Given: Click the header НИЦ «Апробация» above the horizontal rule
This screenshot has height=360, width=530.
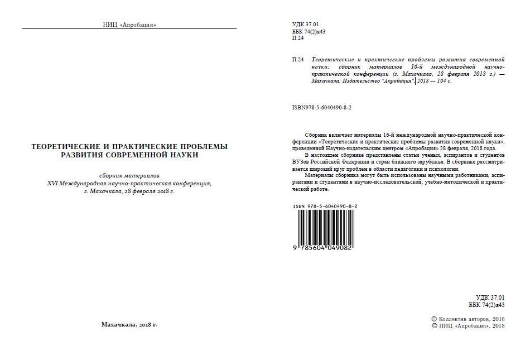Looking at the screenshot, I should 129,25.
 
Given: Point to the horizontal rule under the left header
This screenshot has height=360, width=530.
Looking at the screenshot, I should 129,28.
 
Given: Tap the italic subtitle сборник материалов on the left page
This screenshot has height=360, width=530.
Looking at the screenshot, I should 129,175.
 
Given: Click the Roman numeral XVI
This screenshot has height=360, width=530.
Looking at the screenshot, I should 55,183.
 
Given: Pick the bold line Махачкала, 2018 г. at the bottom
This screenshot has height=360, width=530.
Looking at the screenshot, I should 129,324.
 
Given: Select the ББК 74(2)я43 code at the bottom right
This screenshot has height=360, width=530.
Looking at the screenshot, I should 486,305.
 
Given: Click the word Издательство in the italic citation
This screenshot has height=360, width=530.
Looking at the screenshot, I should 359,80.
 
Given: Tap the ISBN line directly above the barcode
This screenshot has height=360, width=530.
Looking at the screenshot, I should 325,206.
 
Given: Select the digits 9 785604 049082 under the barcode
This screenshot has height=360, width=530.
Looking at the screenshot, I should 324,247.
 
